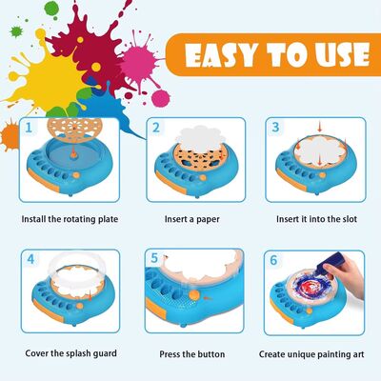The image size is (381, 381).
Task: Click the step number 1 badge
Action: (30, 125)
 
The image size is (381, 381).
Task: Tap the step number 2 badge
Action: (155, 125)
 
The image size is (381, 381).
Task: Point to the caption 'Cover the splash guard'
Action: (70, 353)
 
